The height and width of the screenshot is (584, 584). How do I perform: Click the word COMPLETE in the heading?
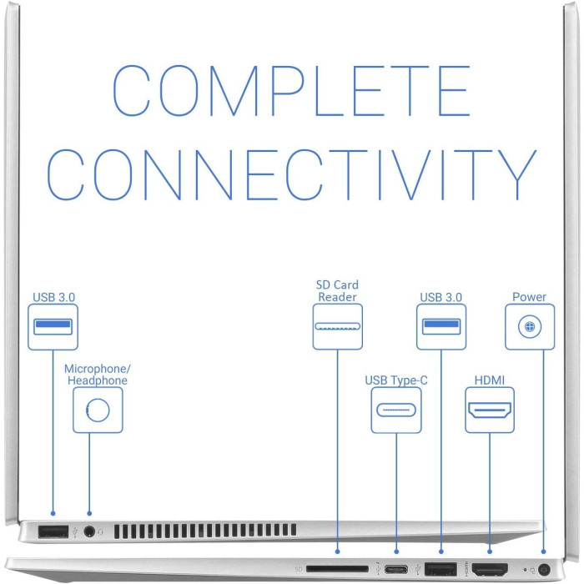pyautogui.click(x=291, y=90)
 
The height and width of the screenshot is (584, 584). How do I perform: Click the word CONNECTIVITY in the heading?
pyautogui.click(x=291, y=175)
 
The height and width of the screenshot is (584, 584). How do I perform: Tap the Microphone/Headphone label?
pyautogui.click(x=98, y=375)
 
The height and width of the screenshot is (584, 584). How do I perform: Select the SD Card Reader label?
pyautogui.click(x=337, y=291)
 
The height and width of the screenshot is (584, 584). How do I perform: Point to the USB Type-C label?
pyautogui.click(x=396, y=380)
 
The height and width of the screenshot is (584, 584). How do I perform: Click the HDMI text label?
pyautogui.click(x=490, y=380)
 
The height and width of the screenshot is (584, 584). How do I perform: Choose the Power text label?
pyautogui.click(x=529, y=297)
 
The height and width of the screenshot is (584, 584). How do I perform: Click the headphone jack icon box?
pyautogui.click(x=98, y=410)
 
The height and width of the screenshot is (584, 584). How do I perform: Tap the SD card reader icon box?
pyautogui.click(x=337, y=327)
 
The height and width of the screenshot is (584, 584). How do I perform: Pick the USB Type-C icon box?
pyautogui.click(x=396, y=410)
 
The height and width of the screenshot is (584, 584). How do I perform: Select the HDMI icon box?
pyautogui.click(x=490, y=410)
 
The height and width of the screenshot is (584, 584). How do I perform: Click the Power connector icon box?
pyautogui.click(x=530, y=327)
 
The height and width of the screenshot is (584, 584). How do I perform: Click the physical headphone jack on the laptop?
pyautogui.click(x=89, y=531)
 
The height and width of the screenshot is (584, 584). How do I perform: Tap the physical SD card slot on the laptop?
pyautogui.click(x=337, y=569)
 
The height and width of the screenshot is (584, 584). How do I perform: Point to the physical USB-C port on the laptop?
pyautogui.click(x=396, y=570)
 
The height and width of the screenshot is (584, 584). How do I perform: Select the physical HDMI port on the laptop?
pyautogui.click(x=490, y=569)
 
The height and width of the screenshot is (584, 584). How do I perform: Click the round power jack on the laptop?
pyautogui.click(x=544, y=570)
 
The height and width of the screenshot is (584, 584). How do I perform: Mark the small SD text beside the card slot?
pyautogui.click(x=299, y=569)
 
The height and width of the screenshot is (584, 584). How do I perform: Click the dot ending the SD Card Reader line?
pyautogui.click(x=337, y=551)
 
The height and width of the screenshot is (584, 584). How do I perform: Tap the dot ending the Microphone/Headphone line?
pyautogui.click(x=89, y=514)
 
